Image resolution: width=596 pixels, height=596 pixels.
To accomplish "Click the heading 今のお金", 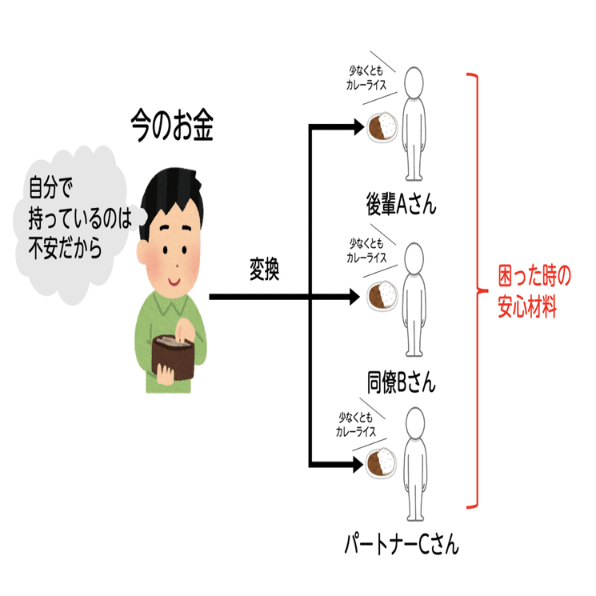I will tap(172, 127).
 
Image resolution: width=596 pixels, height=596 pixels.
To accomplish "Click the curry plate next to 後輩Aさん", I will tap(383, 126).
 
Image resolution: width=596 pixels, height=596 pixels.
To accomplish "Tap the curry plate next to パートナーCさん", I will tap(382, 461).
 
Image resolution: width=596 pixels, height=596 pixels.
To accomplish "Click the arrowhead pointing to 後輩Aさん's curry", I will tap(357, 126).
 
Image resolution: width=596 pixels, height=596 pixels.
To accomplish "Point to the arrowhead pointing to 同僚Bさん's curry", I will tap(357, 297).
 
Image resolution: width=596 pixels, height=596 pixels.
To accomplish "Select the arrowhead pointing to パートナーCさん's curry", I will tap(357, 463).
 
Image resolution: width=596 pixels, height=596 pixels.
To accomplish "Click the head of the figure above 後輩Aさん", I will tap(414, 82).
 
